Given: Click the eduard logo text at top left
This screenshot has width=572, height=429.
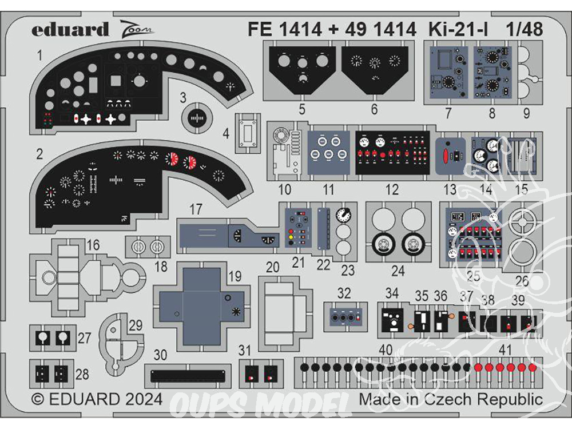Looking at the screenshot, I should (70, 30).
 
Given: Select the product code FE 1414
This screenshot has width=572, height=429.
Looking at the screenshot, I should (285, 29).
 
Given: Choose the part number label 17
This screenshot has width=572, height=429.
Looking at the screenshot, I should (196, 210).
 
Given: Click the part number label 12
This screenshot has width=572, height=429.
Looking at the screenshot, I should (392, 189).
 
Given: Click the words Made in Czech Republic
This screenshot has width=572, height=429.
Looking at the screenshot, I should (451, 399).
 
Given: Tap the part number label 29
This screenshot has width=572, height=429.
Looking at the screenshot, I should (135, 325).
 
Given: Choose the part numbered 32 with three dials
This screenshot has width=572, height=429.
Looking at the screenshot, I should (343, 315).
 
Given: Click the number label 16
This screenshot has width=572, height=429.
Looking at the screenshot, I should (93, 246).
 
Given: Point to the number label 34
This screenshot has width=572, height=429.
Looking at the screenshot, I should (392, 294).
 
